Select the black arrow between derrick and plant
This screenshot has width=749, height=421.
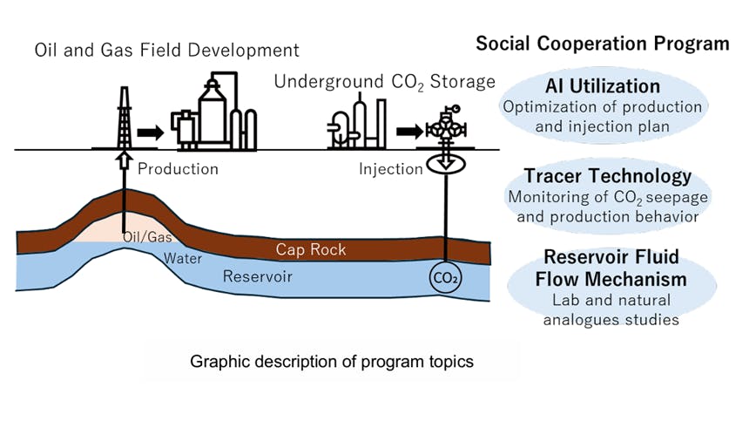point(151,132)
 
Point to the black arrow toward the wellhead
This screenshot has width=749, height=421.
point(407,132)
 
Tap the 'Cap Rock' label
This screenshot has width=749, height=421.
point(311,250)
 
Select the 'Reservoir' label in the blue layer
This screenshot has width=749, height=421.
point(257,277)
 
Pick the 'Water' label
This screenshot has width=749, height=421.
point(183,259)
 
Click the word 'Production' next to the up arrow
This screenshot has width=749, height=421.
point(178,168)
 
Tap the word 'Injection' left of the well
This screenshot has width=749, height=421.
point(390,168)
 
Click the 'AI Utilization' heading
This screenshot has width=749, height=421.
point(602,86)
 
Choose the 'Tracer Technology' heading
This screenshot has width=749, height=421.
point(608,175)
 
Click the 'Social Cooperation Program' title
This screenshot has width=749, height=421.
point(602,44)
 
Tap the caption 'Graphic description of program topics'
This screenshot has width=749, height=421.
point(331,361)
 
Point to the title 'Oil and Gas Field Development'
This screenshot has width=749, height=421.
point(166,50)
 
